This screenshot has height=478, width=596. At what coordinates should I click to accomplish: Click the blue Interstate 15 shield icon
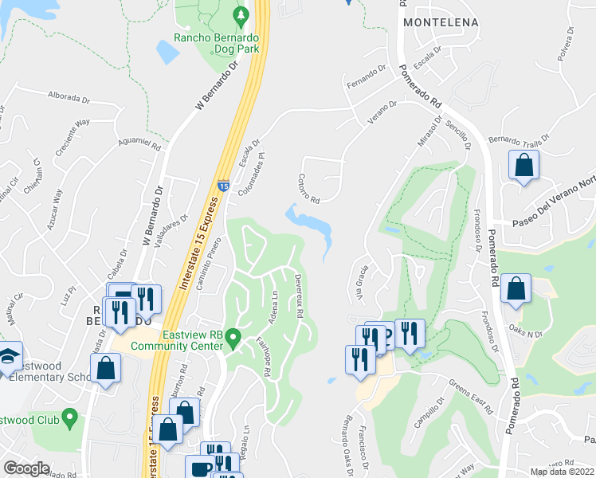[224, 186]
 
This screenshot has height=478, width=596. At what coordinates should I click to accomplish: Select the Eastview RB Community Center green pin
[233, 339]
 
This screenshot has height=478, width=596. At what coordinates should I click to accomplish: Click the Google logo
[27, 468]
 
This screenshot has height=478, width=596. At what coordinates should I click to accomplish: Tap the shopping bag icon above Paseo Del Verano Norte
[524, 167]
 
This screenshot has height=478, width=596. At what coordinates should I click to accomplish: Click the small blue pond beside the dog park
[168, 52]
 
